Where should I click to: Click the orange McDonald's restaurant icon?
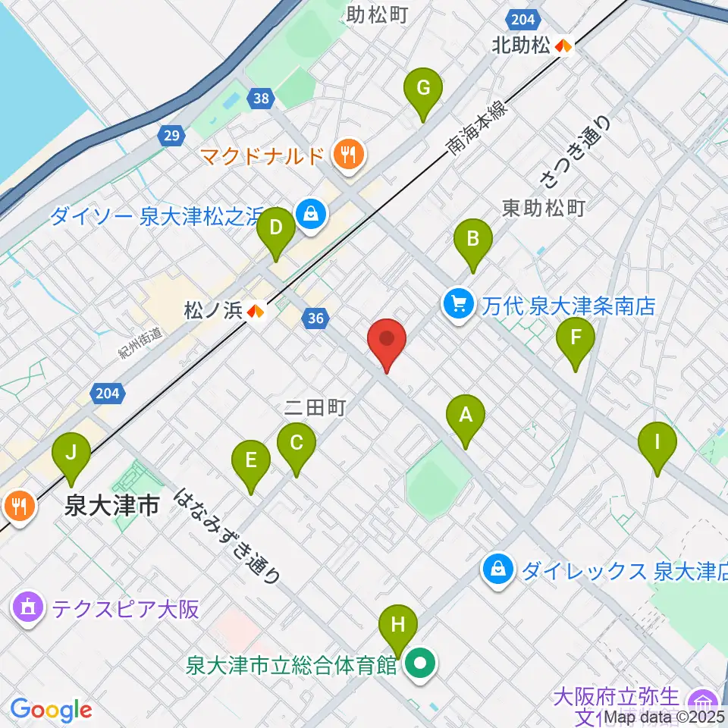click(x=349, y=156)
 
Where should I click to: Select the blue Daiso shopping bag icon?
click(x=311, y=215)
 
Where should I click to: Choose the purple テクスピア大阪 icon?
click(x=28, y=608)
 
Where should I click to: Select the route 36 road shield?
click(x=317, y=320)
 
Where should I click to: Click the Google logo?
click(x=51, y=711)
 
